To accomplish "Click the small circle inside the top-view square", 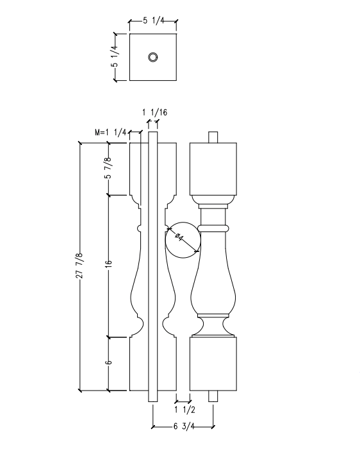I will click(153, 57).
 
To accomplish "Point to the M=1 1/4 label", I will click(110, 133).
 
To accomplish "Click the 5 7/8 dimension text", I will click(108, 168).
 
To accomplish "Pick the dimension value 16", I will click(108, 264).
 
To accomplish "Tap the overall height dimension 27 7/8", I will click(79, 264).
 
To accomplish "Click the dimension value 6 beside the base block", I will click(108, 363).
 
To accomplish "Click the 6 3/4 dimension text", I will click(183, 426).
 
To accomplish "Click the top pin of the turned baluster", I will click(215, 137).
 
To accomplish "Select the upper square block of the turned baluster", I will click(215, 167).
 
